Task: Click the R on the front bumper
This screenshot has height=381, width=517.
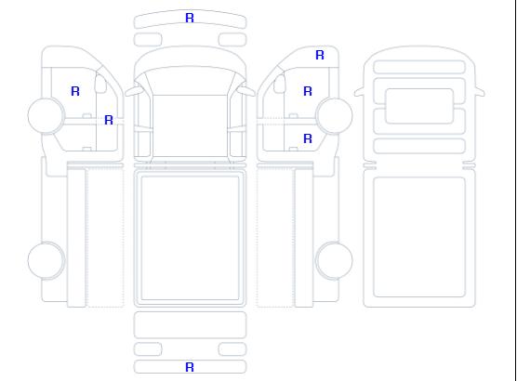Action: pos(190,18)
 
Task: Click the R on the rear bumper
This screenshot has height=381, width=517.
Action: pos(190,367)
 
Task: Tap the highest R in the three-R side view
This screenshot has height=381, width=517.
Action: pos(320,55)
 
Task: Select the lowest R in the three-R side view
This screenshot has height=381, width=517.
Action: pos(308,138)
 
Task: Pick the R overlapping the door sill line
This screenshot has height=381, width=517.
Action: pos(109,120)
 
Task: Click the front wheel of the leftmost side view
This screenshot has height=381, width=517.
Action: pos(46,116)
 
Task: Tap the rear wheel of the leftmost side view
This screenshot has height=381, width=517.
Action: pos(46,260)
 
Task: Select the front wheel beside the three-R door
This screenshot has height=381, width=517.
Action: pos(334,116)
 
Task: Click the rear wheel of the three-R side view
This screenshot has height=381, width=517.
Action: pos(334,260)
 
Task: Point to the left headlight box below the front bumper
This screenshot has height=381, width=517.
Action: pos(148,40)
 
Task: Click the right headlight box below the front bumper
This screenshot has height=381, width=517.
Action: pos(232,40)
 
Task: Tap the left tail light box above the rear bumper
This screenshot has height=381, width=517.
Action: pos(148,349)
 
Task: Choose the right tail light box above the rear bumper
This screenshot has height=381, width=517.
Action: pos(232,349)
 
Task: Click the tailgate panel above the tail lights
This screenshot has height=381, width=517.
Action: pos(190,324)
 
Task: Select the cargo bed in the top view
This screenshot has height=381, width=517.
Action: pos(190,238)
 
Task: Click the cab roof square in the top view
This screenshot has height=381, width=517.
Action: pos(190,125)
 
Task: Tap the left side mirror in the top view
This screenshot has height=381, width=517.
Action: pos(133,91)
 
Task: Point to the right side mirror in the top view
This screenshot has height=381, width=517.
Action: pos(246,91)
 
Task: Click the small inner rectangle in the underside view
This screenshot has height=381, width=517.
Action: pos(419,106)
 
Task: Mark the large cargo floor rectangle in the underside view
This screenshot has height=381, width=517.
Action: pos(419,237)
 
